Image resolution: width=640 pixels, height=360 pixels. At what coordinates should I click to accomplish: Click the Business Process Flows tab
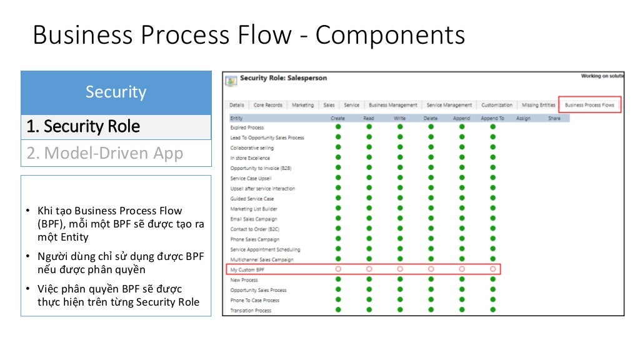pos(589,105)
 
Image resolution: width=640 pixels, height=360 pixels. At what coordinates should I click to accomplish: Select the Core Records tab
pos(267,105)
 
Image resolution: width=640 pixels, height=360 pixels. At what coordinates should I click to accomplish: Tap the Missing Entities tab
pos(538,105)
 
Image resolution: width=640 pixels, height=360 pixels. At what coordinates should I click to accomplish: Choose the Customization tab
pos(497,105)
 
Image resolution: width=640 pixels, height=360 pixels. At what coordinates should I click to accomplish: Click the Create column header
pos(337,117)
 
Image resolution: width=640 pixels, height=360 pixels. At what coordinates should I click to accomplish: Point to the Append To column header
pos(492,117)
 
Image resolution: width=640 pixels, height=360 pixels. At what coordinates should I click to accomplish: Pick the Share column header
pos(554,117)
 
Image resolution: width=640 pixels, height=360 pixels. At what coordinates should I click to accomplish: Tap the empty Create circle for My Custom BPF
pos(338,269)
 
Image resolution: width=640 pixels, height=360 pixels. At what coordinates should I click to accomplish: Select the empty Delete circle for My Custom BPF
pos(431,269)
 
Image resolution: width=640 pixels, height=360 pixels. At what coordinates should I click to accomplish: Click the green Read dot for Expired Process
pos(369,127)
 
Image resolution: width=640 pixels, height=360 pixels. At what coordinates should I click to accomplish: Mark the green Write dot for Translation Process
pos(400,310)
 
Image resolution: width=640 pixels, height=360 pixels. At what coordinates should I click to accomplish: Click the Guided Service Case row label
pos(252,199)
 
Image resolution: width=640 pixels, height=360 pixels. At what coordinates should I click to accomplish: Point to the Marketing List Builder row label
pos(253,209)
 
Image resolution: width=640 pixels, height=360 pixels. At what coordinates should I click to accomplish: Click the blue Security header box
pos(116,92)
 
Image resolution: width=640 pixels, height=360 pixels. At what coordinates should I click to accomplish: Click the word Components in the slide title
pos(390,35)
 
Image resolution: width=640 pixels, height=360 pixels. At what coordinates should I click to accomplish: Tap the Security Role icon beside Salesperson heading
pos(231,81)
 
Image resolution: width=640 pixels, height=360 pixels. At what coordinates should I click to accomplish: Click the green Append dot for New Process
pos(462,279)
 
